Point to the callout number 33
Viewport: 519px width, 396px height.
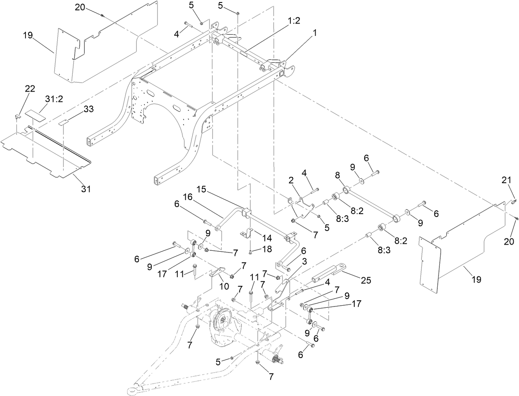(x=88, y=109)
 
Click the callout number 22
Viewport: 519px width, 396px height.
(x=30, y=88)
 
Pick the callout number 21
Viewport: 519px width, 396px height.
(x=506, y=180)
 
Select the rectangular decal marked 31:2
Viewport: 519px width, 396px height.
(x=34, y=114)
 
